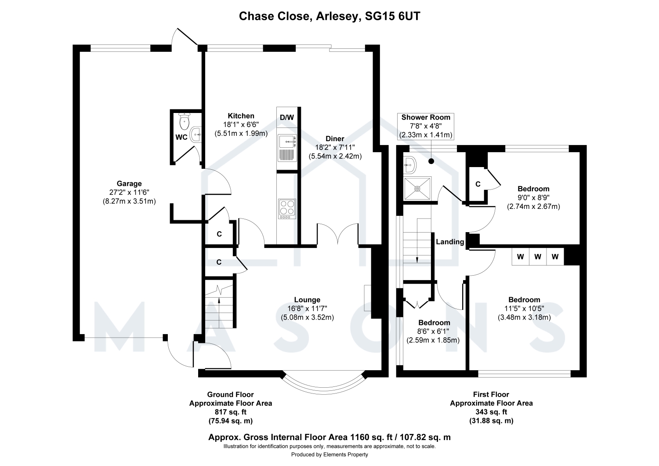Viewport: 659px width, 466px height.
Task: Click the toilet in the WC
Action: (x=185, y=121)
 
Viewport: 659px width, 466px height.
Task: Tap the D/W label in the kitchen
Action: (x=287, y=117)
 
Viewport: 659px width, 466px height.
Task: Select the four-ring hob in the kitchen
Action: (x=287, y=209)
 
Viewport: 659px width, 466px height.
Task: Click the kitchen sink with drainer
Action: (x=287, y=148)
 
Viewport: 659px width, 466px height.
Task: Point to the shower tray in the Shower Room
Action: (x=417, y=189)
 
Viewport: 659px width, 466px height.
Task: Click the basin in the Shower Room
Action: (x=409, y=164)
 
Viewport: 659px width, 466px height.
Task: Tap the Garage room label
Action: (x=129, y=183)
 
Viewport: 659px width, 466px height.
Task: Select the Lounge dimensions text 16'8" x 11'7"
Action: (x=307, y=309)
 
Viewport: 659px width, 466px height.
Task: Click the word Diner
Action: (x=335, y=138)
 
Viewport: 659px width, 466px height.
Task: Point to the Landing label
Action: (x=450, y=242)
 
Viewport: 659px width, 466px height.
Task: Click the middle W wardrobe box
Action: (x=537, y=257)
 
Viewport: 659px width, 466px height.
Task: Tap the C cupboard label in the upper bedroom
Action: (x=478, y=184)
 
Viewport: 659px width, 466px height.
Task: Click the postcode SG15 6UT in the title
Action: (x=392, y=16)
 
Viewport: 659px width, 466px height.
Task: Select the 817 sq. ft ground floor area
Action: (x=231, y=412)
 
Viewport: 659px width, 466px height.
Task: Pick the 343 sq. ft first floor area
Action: (x=491, y=412)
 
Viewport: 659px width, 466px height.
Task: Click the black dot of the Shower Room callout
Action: (x=431, y=161)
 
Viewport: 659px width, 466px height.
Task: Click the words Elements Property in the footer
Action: (x=346, y=455)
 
